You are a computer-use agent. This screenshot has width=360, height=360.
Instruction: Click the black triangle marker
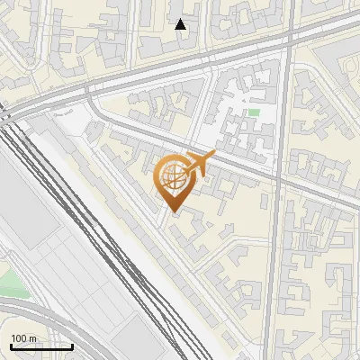(181, 24)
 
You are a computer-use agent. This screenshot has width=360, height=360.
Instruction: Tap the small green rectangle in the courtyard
(254, 113)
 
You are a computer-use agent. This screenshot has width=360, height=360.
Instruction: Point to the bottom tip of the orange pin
(172, 213)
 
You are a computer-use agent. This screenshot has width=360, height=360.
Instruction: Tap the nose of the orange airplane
(215, 155)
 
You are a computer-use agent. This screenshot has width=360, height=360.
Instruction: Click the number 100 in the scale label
(18, 338)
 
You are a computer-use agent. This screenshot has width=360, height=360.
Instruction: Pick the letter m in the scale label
(31, 338)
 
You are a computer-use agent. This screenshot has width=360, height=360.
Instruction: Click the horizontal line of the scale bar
(40, 346)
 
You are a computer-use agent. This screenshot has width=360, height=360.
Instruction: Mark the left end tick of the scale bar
(11, 345)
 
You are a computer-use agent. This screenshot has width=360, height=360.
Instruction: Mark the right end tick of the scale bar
(72, 345)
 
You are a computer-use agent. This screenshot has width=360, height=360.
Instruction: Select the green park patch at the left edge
(11, 283)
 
